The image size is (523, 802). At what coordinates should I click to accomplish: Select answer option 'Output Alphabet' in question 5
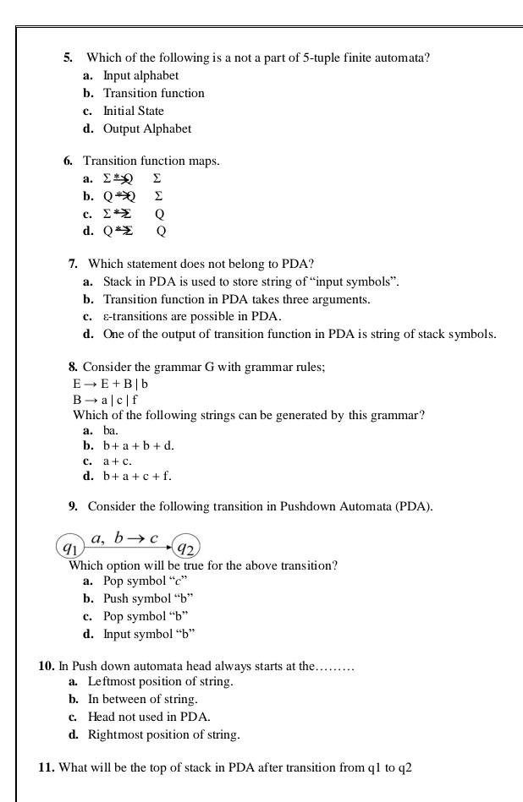click(146, 128)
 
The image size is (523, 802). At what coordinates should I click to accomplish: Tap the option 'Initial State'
click(133, 111)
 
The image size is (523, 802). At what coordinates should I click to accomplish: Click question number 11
click(47, 767)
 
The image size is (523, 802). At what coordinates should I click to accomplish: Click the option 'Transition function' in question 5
click(153, 93)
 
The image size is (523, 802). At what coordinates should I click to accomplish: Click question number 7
click(74, 264)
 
